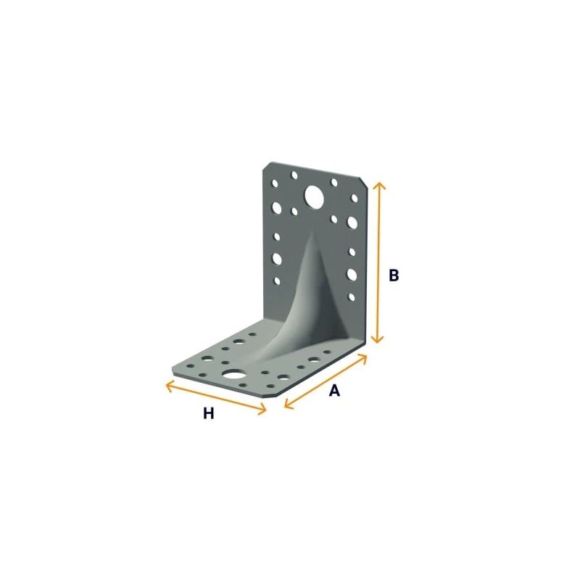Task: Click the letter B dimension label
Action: click(394, 275)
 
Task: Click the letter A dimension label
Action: click(334, 390)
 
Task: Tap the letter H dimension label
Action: click(209, 413)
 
